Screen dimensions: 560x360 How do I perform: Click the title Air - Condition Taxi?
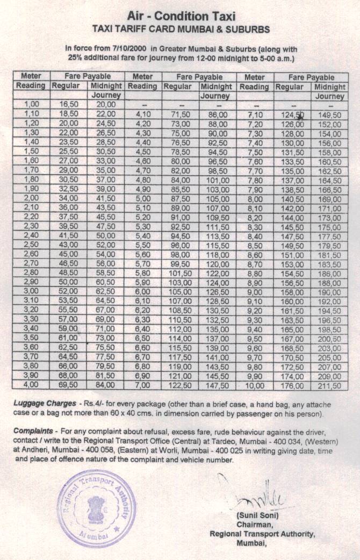180,16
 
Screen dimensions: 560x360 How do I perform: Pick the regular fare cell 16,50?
69,104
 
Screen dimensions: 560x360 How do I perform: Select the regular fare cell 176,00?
292,385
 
